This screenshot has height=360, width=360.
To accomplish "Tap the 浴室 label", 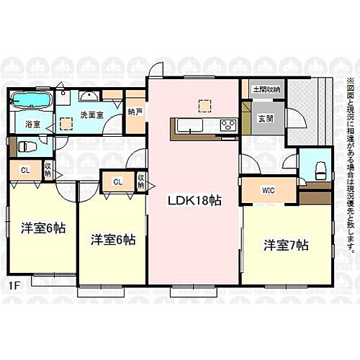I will point(32,125).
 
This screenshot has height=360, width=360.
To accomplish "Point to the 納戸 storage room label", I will point(135,112).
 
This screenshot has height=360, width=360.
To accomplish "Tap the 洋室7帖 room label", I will point(285,245).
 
